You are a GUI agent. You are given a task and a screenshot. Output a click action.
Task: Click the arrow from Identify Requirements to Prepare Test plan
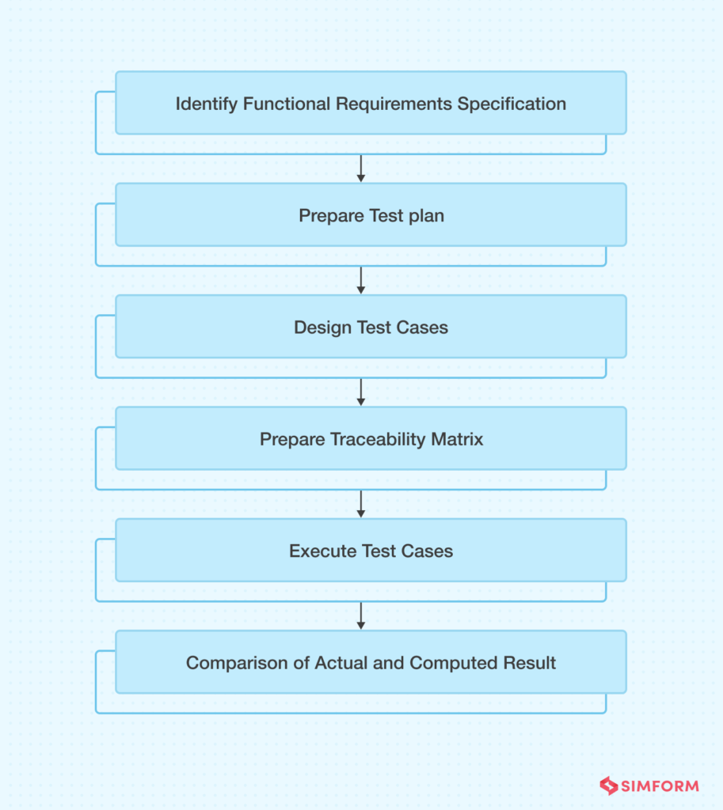click(361, 168)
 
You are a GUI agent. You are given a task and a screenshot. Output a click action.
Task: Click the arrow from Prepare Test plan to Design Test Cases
click(361, 279)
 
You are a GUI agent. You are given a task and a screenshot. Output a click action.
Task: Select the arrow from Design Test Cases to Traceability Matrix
click(361, 391)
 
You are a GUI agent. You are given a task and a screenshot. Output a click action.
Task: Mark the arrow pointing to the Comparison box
click(361, 615)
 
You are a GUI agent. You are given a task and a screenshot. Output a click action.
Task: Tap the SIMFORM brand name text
click(660, 785)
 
